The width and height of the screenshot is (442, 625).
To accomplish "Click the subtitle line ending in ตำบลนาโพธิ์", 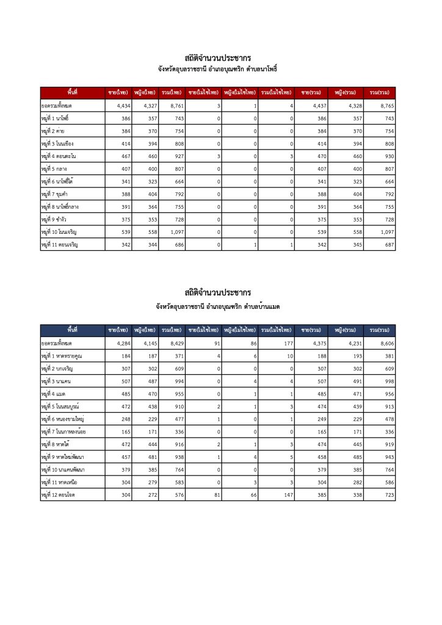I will [x=217, y=70].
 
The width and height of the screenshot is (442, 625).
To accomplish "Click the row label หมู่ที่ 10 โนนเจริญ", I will [x=60, y=233].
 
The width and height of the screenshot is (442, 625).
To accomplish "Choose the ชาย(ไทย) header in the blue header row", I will [x=117, y=330].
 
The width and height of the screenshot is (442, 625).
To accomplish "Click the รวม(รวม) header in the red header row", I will [x=379, y=92].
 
